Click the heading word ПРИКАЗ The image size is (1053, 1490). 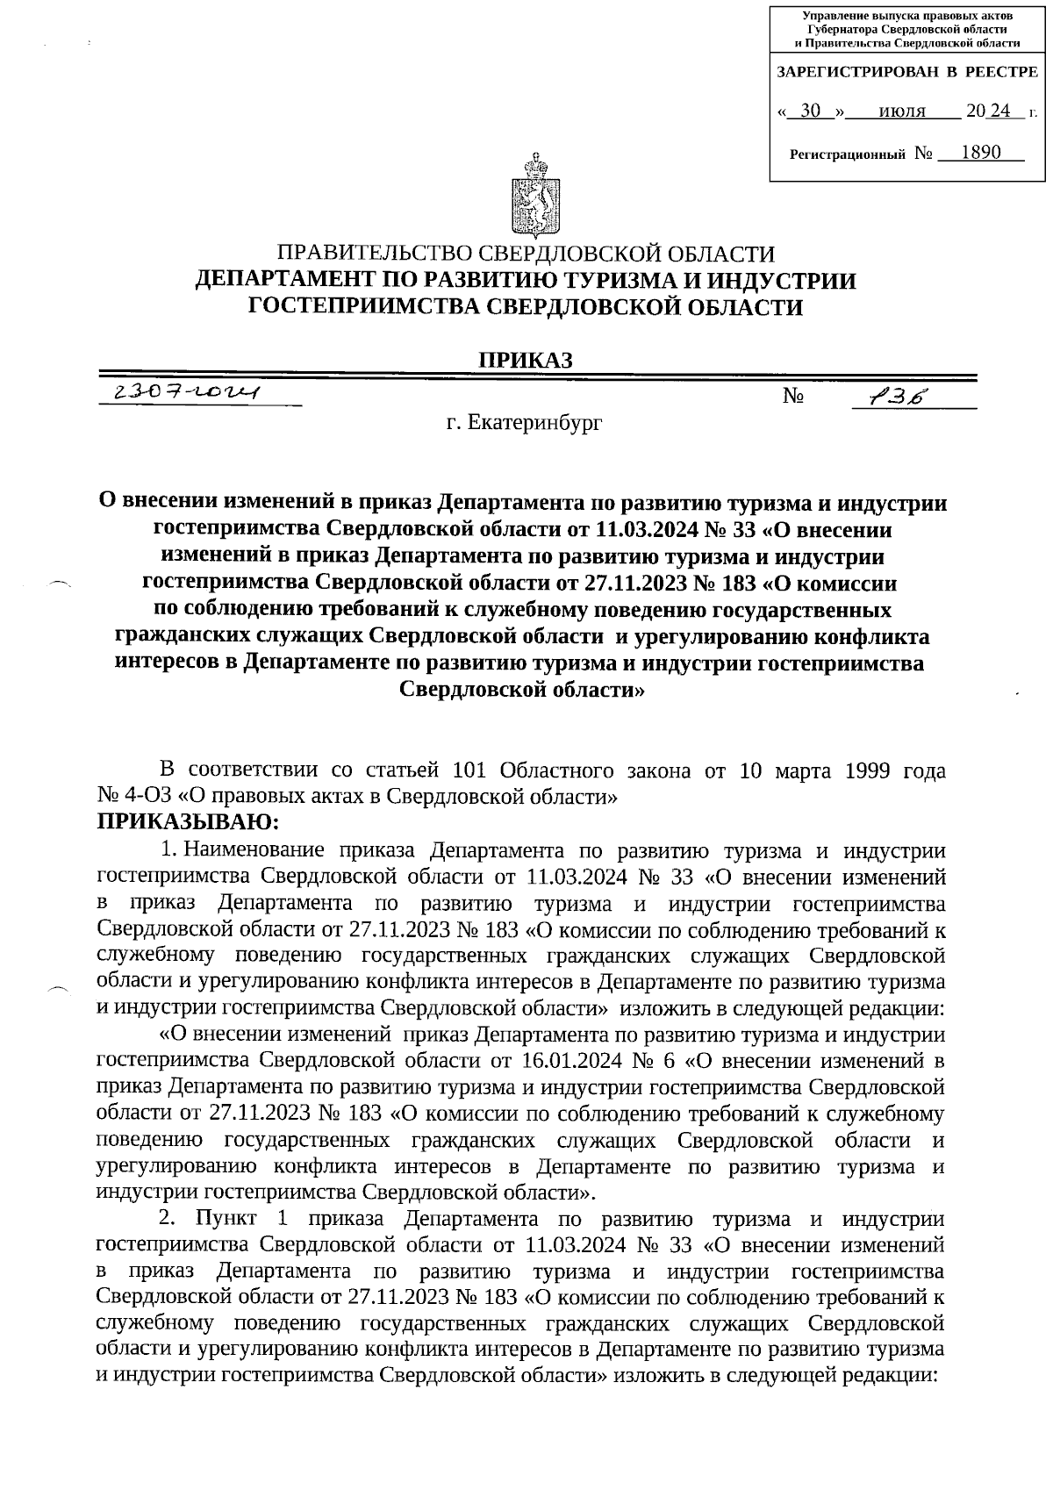(525, 361)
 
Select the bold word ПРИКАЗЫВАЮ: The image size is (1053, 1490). (187, 821)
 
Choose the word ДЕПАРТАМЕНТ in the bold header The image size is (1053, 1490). (293, 281)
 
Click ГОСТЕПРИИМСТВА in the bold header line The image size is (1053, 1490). (365, 307)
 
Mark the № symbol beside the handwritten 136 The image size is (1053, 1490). (794, 398)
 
